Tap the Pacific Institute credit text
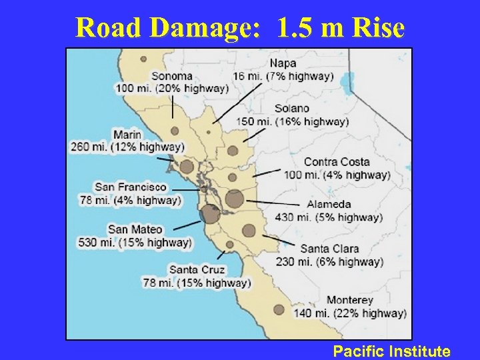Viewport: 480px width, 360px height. click(392, 351)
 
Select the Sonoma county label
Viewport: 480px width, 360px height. click(171, 76)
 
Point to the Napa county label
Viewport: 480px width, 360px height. click(284, 63)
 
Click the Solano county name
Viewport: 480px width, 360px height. click(291, 109)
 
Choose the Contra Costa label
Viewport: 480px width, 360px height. click(337, 162)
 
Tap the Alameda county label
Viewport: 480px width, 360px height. click(329, 204)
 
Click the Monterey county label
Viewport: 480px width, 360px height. click(349, 300)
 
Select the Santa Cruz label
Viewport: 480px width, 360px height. click(197, 270)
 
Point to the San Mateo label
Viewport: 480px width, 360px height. click(135, 229)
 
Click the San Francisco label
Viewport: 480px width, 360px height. click(130, 187)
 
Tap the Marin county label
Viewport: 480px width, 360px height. click(127, 135)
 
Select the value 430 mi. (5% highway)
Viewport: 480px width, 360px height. click(329, 217)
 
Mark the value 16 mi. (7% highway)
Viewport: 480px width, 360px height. click(283, 76)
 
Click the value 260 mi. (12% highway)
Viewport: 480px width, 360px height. click(127, 147)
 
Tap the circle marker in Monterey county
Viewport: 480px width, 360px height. click(279, 309)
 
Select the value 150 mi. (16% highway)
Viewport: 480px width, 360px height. click(292, 121)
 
